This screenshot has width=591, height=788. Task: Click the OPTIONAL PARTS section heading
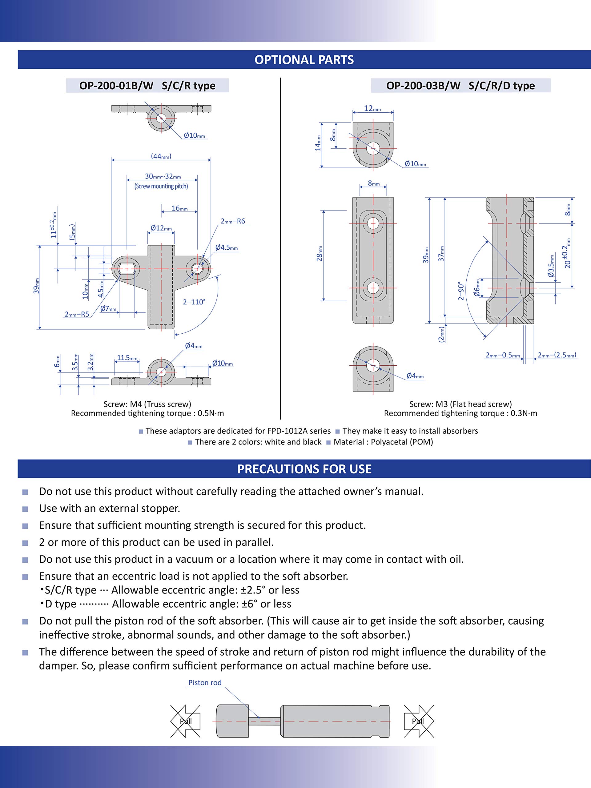click(x=304, y=60)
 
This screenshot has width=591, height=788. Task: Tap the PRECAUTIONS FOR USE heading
click(x=304, y=469)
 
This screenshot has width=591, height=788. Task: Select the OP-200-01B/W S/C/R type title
click(x=147, y=86)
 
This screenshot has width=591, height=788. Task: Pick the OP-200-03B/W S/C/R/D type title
click(x=460, y=86)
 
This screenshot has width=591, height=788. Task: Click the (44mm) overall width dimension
click(x=161, y=156)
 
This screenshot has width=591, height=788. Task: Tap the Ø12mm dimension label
click(x=161, y=228)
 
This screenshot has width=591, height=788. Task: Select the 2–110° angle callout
click(x=194, y=302)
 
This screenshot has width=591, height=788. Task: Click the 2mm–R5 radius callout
click(x=77, y=314)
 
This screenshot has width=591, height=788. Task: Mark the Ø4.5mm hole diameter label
click(x=226, y=247)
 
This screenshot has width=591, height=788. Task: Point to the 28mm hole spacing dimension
click(x=320, y=253)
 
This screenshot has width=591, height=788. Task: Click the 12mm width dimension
click(x=372, y=108)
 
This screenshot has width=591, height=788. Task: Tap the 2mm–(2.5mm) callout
click(x=557, y=355)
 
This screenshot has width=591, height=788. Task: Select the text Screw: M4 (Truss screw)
click(x=147, y=404)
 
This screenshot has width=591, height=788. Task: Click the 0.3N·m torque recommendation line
click(x=460, y=413)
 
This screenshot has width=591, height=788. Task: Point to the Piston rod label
click(x=205, y=682)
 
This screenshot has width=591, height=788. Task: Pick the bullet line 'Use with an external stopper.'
click(x=109, y=509)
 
